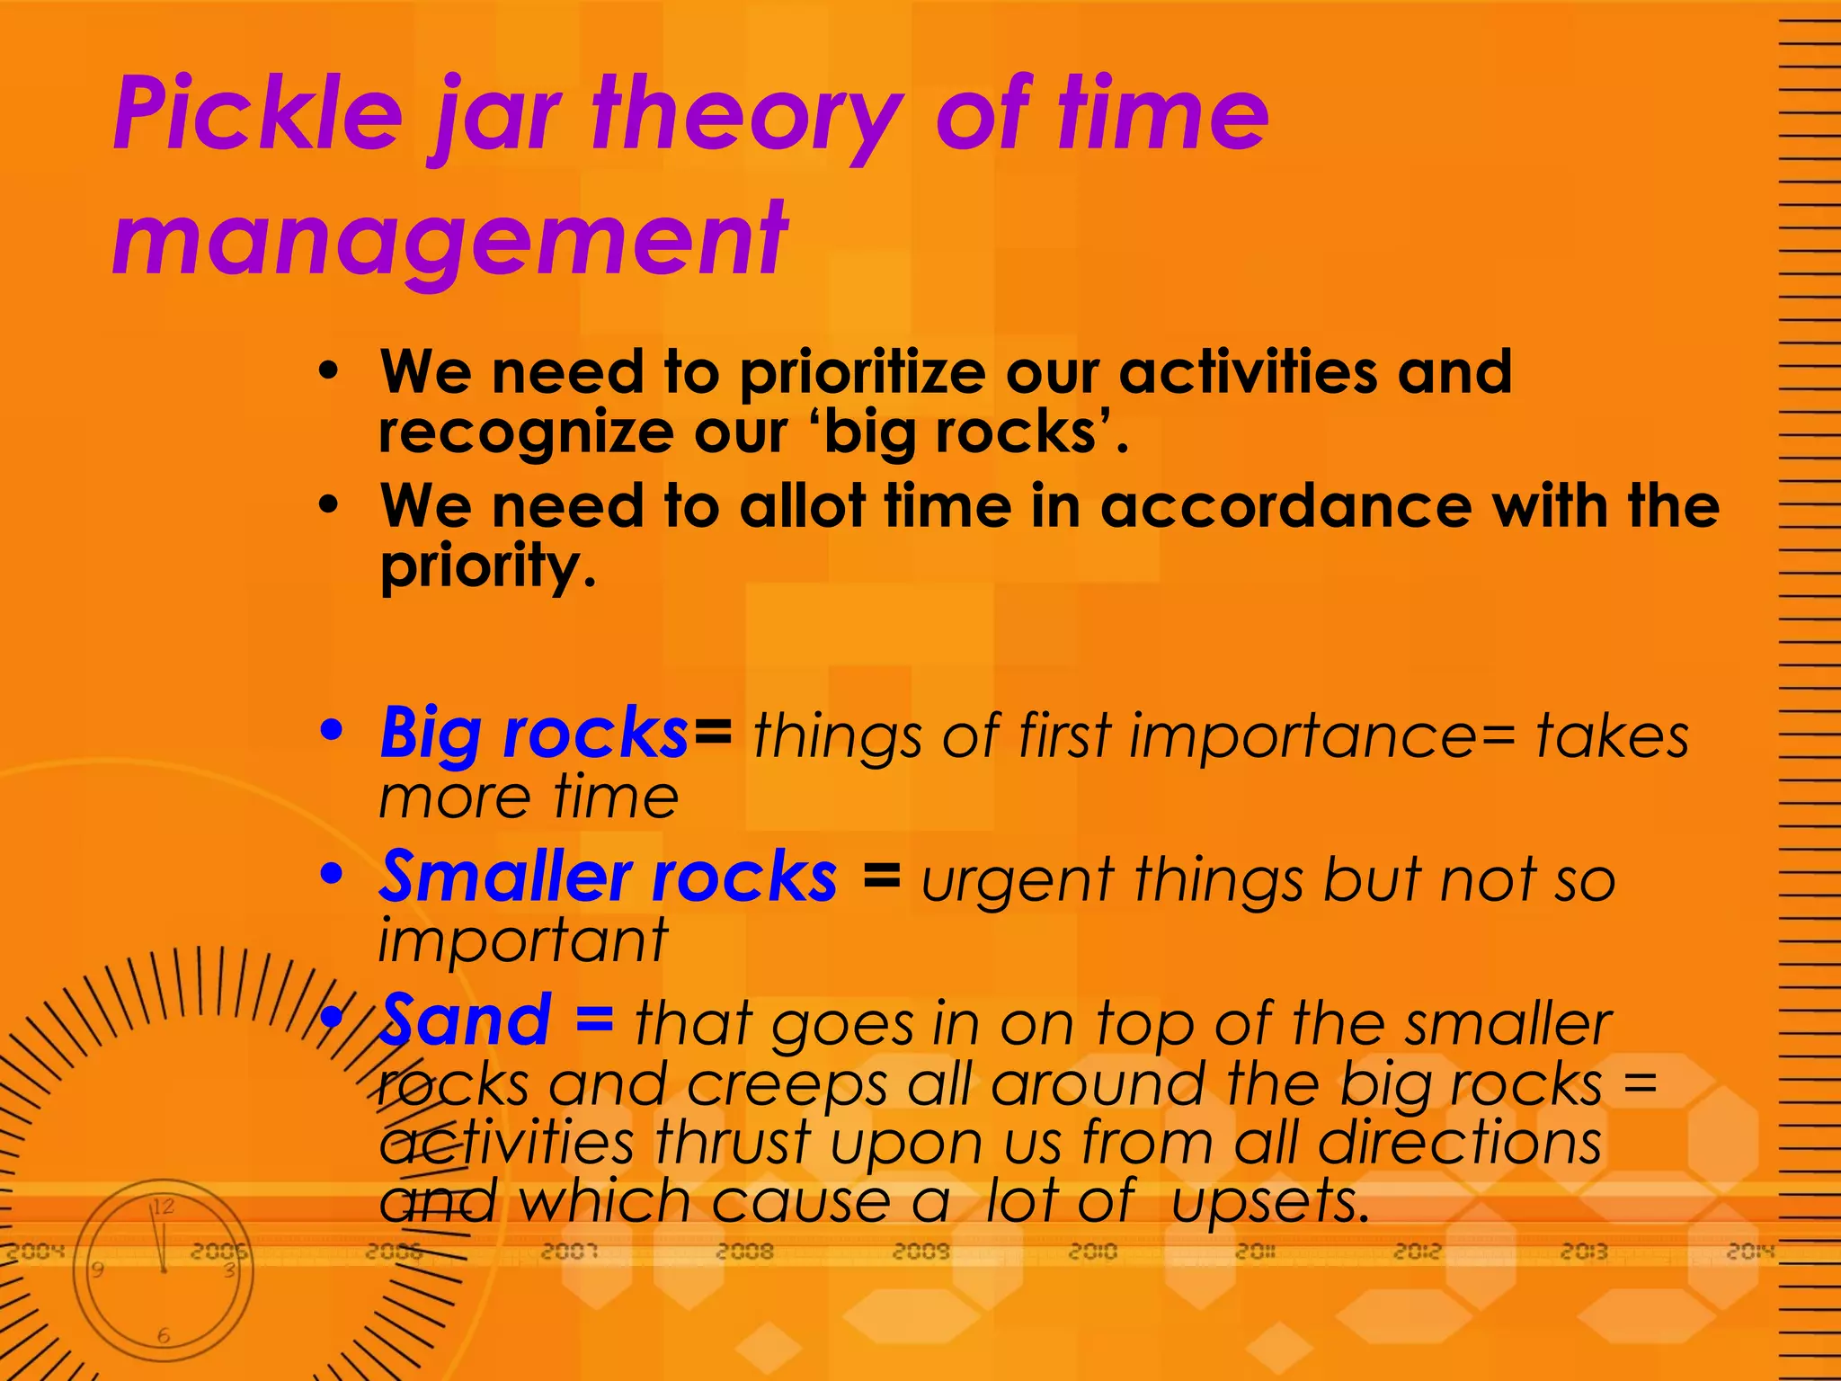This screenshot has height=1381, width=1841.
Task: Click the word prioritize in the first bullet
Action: coord(862,372)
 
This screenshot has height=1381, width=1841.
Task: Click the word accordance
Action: coord(1285,505)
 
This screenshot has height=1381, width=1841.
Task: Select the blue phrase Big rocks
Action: coord(534,735)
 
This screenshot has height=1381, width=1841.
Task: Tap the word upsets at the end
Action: coord(1270,1202)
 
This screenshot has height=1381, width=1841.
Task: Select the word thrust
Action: coord(733,1143)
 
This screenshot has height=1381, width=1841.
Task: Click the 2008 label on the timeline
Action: coord(745,1252)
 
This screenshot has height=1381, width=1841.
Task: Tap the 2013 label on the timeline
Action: coord(1584,1252)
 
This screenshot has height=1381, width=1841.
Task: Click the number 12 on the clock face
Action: coord(163,1207)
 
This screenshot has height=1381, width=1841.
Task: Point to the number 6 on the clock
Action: coord(163,1336)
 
